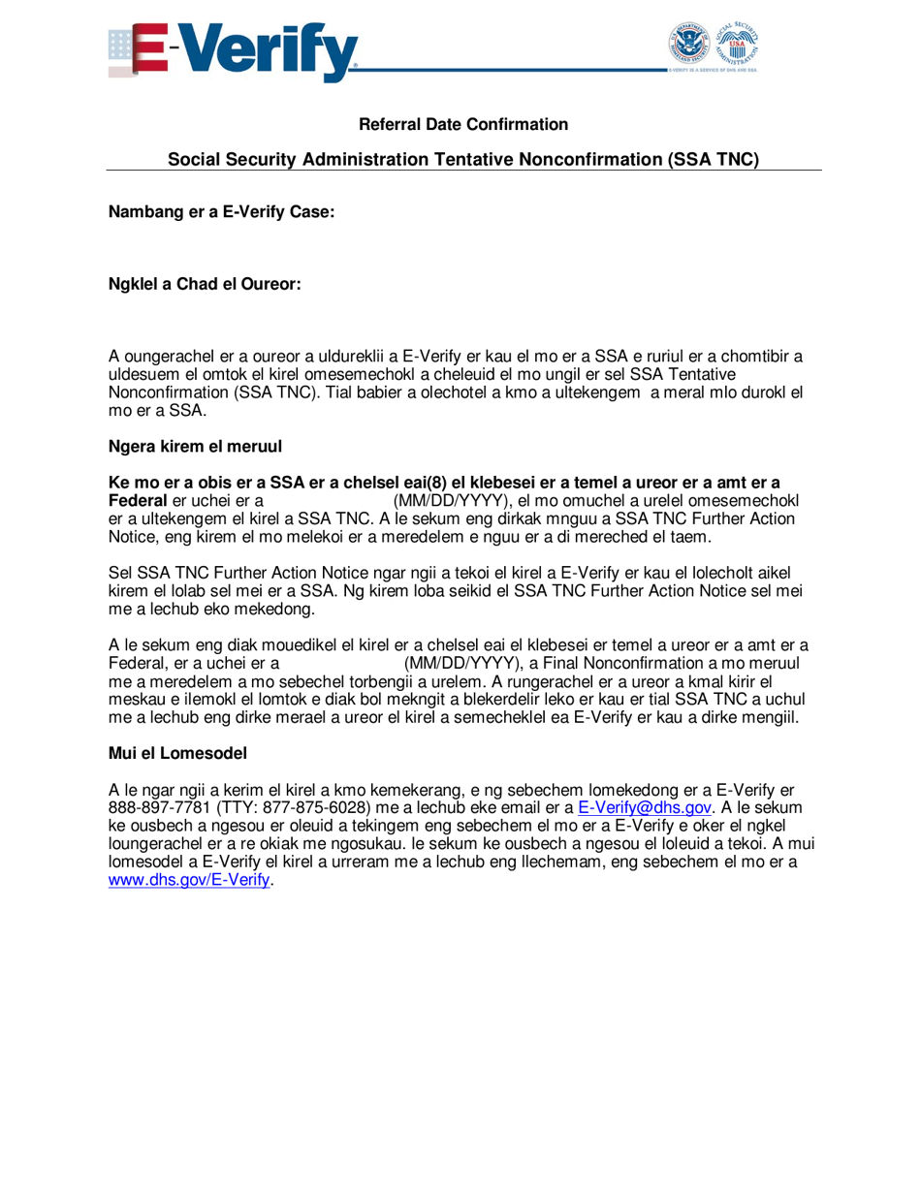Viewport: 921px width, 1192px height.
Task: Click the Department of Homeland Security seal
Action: click(x=689, y=45)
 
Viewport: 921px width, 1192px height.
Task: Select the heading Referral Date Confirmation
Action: click(x=463, y=125)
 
